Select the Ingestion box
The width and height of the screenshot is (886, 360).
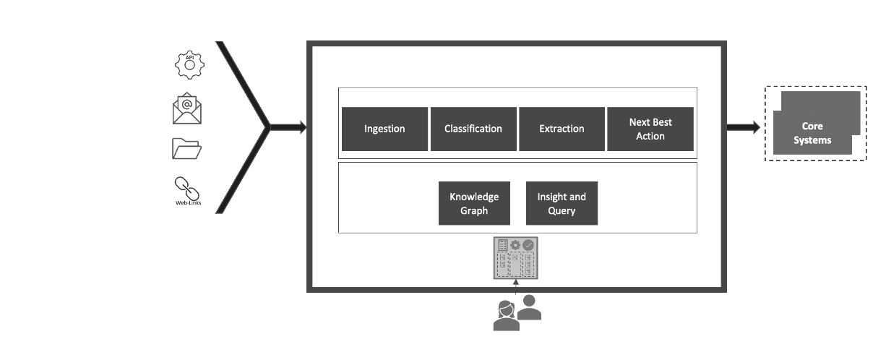coord(384,129)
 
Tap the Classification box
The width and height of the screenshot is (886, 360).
coord(473,129)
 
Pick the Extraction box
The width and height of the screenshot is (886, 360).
coord(562,129)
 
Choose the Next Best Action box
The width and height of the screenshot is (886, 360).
coord(650,129)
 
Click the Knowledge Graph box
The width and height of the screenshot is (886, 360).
coord(473,203)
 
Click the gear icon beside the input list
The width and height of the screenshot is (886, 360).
coord(189,65)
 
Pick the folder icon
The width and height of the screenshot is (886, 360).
coord(187,149)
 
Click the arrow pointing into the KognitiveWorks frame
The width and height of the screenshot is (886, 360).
coord(288,128)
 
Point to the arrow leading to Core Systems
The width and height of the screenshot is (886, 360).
coord(748,128)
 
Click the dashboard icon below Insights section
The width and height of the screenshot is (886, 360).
coord(516,258)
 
